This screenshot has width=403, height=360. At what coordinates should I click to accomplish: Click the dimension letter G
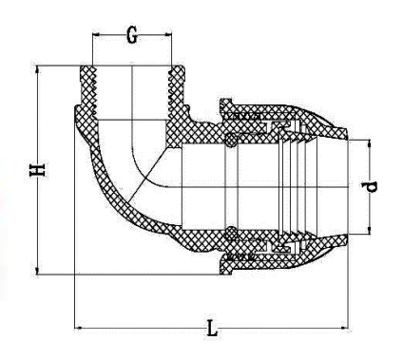132,36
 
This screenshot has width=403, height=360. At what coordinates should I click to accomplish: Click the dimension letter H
38,170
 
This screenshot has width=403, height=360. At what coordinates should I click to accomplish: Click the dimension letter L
212,328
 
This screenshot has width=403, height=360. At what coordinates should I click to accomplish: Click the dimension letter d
370,187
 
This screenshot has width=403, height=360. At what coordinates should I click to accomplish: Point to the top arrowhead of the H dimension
38,69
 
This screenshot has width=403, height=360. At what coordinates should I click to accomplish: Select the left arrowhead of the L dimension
78,328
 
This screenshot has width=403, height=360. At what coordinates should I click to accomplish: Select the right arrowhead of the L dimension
344,328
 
